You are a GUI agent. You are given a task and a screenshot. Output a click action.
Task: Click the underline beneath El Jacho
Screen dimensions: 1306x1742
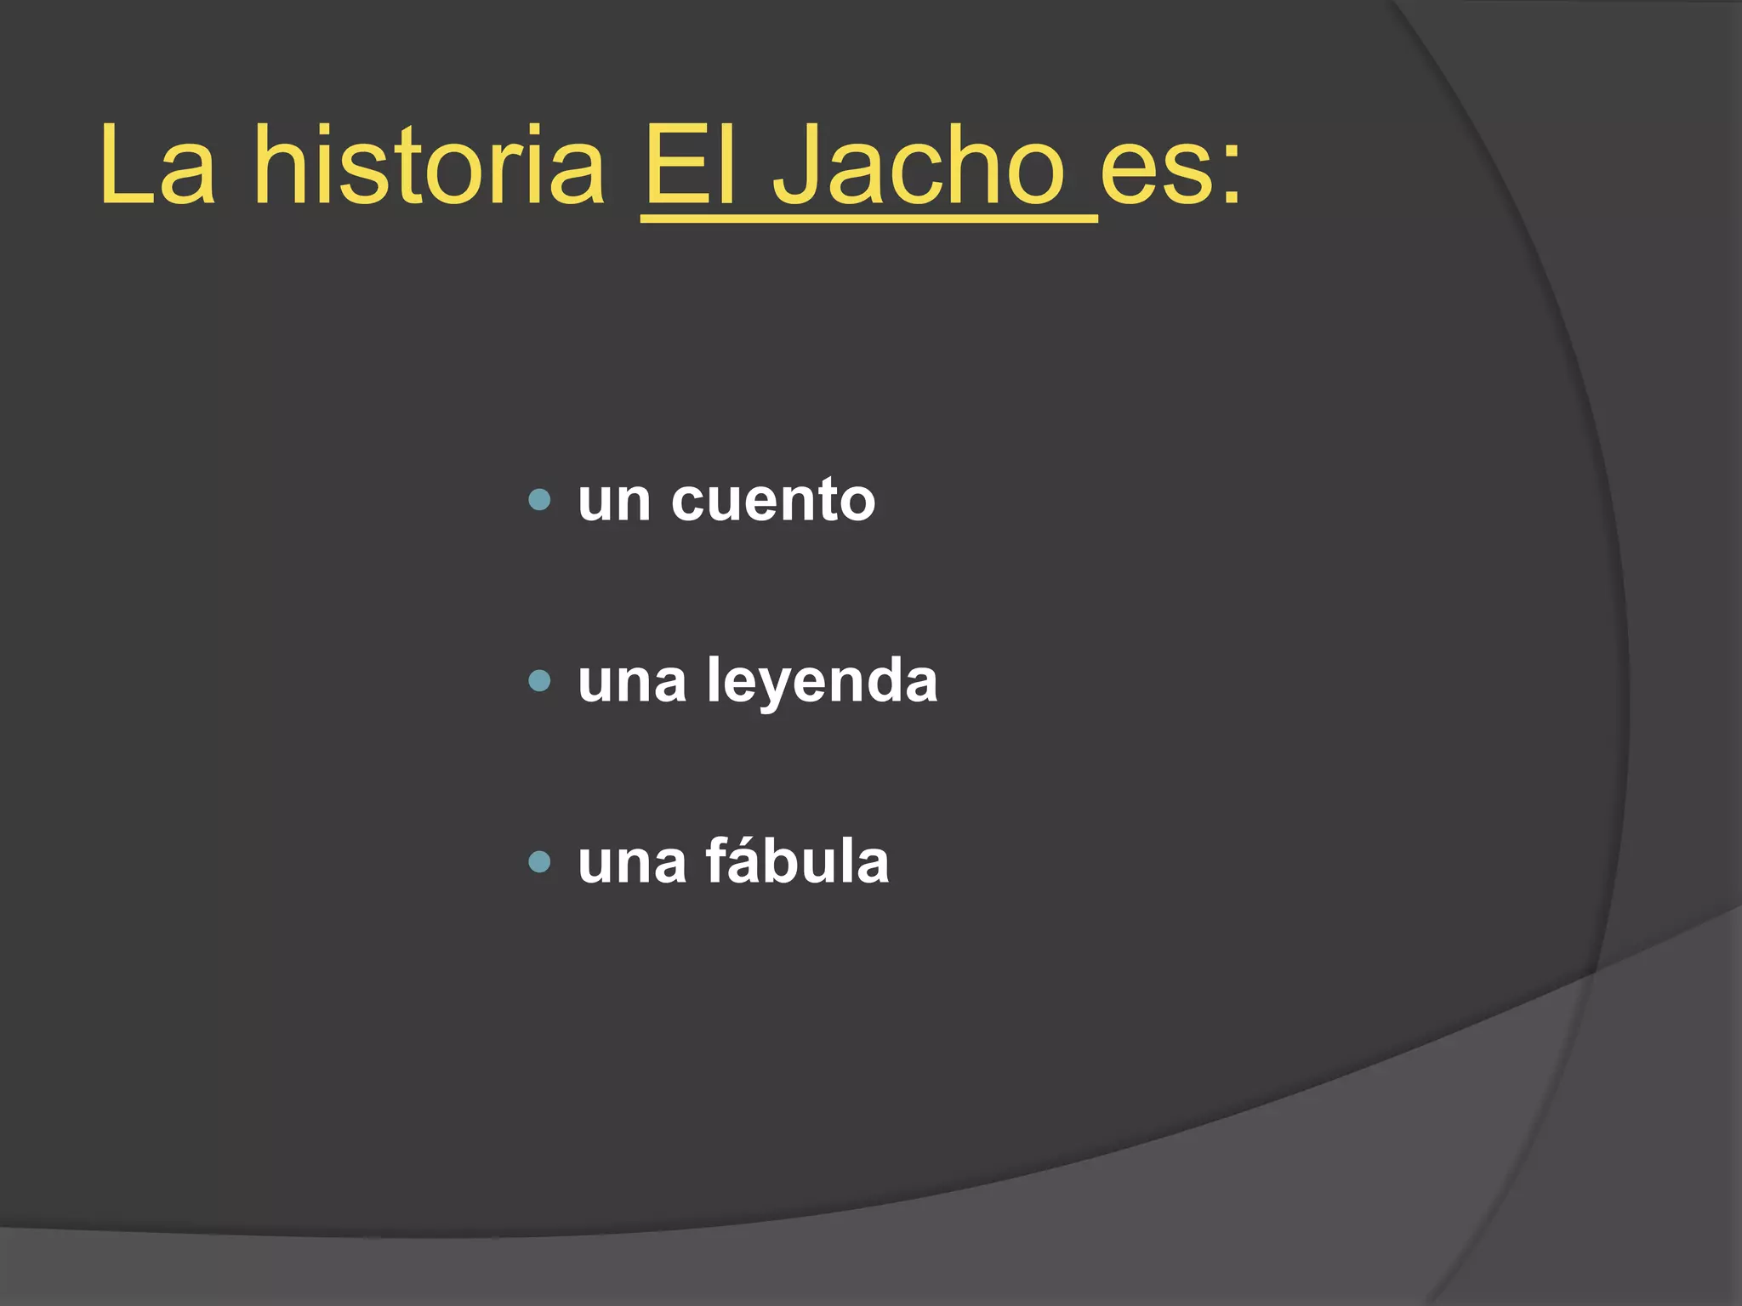click(x=868, y=220)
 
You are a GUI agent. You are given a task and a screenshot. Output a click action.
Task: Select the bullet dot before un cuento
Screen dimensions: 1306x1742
click(x=539, y=499)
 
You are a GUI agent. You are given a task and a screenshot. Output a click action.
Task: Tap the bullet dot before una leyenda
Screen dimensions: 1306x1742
click(x=539, y=680)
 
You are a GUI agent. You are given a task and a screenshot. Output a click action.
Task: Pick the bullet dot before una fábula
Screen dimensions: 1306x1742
click(x=539, y=862)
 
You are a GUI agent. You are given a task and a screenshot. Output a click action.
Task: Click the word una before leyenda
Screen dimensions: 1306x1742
click(x=632, y=682)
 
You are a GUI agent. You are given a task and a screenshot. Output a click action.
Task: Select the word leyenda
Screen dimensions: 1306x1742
click(x=822, y=682)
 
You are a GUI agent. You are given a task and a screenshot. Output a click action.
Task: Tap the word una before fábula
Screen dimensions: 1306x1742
click(x=632, y=864)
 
